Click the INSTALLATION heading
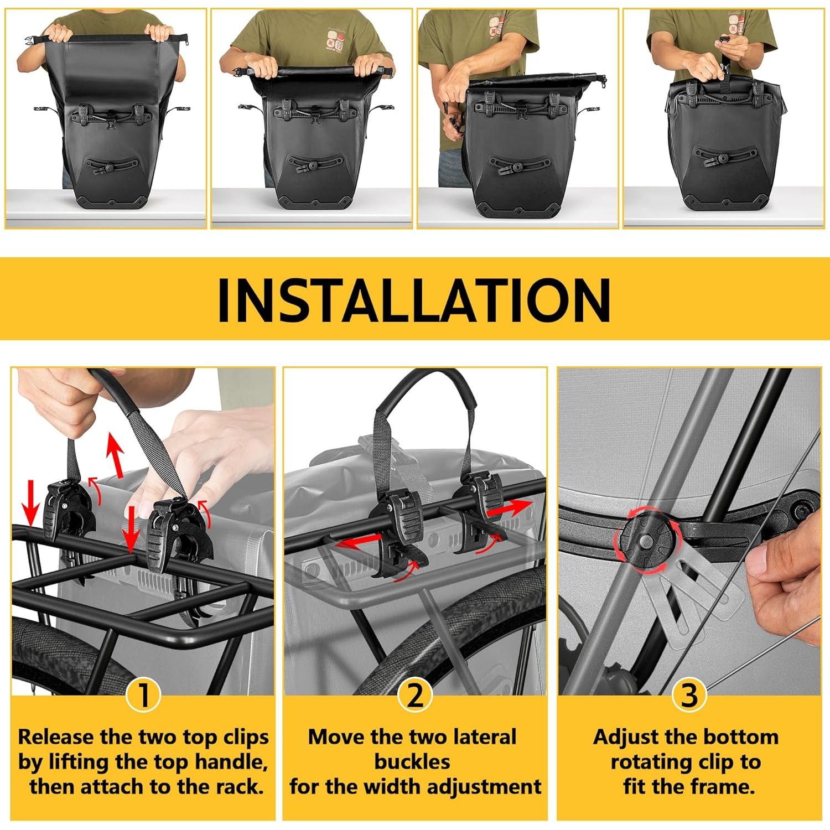[414, 299]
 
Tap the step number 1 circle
[143, 695]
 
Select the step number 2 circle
[414, 695]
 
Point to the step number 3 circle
[689, 695]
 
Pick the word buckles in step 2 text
[412, 762]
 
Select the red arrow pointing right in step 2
[509, 507]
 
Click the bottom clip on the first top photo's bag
[111, 165]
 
